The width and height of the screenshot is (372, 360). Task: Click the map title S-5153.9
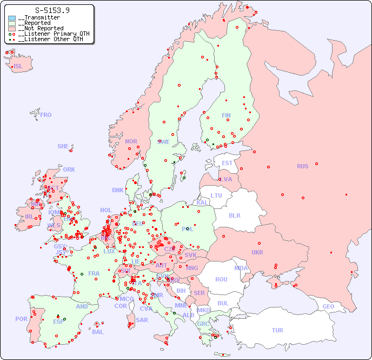click(52, 10)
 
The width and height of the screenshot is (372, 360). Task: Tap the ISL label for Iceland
click(18, 67)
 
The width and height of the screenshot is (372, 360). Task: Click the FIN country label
click(226, 115)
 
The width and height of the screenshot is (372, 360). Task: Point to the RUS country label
click(302, 166)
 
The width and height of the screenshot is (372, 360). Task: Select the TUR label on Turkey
click(277, 330)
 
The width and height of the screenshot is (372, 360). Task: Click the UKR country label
click(257, 252)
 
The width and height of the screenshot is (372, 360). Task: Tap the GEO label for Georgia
click(328, 306)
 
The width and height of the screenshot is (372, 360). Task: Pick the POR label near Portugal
click(21, 319)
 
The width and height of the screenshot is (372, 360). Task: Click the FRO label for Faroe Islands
click(46, 115)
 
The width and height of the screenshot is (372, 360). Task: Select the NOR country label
click(131, 141)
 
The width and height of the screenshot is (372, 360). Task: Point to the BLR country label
click(234, 215)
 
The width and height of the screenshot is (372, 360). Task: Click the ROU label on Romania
click(221, 279)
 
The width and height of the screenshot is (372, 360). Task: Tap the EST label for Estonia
click(227, 163)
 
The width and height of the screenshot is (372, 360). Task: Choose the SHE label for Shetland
click(63, 146)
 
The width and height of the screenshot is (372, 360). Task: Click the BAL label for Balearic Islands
click(98, 332)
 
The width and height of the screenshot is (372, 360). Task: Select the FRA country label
click(94, 273)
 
